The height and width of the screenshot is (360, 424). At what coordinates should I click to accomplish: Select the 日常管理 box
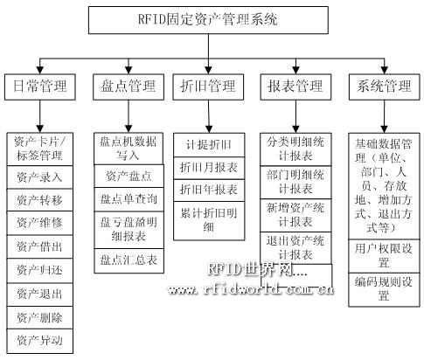[x=38, y=87]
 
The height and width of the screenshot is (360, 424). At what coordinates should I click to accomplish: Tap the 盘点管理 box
[x=128, y=87]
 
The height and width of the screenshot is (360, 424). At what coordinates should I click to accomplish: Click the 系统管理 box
[x=384, y=87]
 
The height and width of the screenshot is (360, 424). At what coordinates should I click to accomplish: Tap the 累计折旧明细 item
[x=210, y=219]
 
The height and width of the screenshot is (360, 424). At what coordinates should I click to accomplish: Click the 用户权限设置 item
[x=385, y=253]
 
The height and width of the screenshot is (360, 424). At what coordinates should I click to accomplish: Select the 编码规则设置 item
[x=385, y=287]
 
